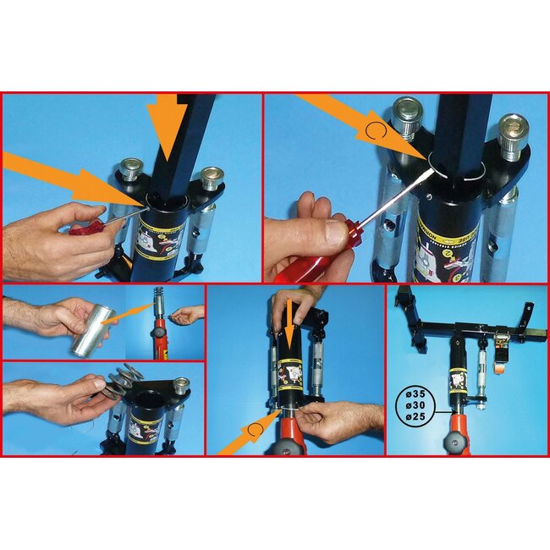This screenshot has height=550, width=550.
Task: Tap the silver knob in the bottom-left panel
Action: click(179, 386)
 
